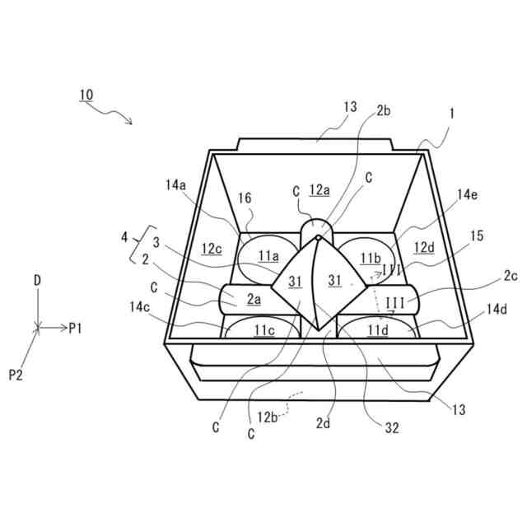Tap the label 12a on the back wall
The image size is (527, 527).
tap(319, 190)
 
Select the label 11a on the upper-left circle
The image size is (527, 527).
tap(268, 256)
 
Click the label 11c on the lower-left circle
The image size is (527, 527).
tap(263, 331)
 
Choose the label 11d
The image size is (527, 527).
tap(378, 331)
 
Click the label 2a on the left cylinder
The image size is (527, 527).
tap(252, 300)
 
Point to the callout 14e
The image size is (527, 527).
tap(467, 194)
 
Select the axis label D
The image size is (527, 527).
tap(37, 281)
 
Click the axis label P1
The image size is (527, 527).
tap(77, 329)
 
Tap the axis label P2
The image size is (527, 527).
tap(16, 375)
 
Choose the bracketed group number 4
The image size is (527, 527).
tap(124, 237)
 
